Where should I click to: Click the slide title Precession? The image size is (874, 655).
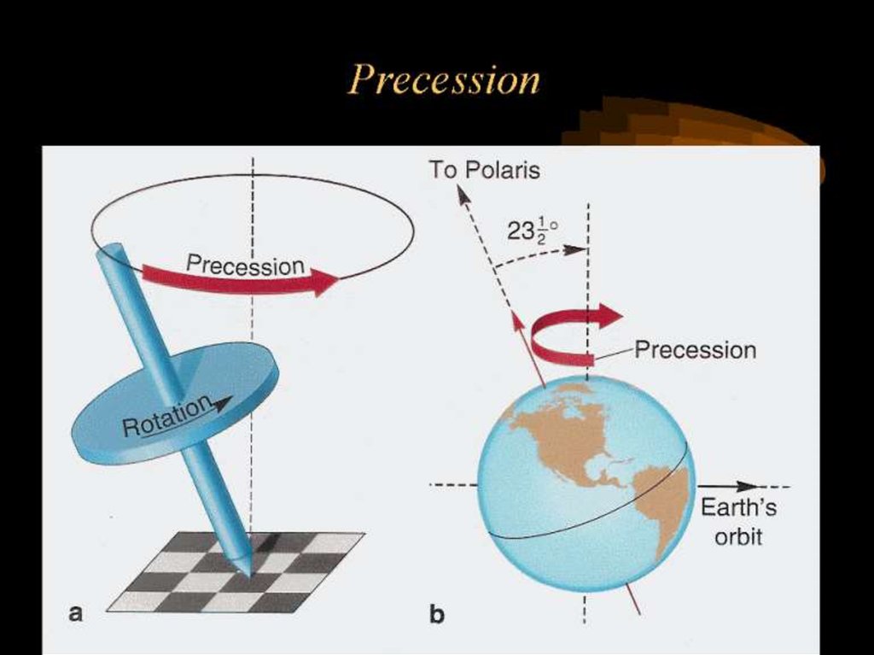(x=444, y=81)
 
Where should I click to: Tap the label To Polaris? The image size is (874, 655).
(x=483, y=170)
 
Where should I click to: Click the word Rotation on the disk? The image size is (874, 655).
(x=166, y=418)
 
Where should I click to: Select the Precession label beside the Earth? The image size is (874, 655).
(x=695, y=350)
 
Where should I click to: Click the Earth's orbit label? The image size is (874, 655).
(x=738, y=522)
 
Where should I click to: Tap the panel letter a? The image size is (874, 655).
(x=76, y=611)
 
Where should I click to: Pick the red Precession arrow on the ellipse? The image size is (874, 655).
(x=239, y=278)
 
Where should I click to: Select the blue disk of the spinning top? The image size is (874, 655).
(x=175, y=401)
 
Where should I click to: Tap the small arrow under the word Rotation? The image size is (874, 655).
(x=224, y=406)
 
